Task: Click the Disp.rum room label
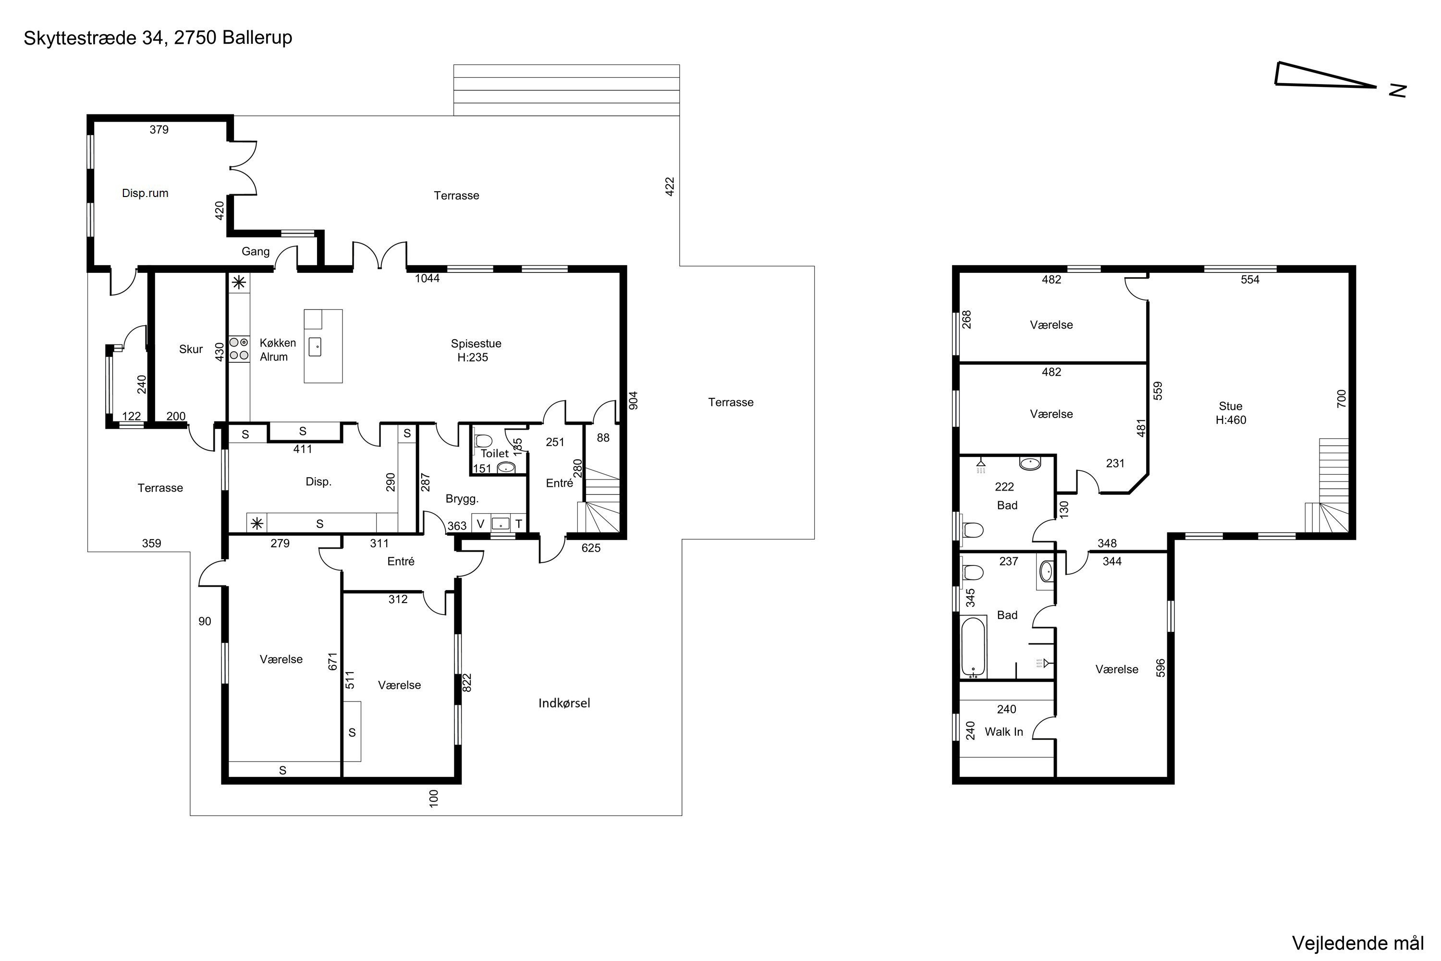[x=145, y=193]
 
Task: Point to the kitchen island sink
[x=315, y=347]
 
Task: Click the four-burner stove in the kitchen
[x=239, y=349]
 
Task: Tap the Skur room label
[x=191, y=349]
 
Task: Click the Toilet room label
[x=494, y=454]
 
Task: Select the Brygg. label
[x=462, y=499]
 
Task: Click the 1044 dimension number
[x=427, y=278]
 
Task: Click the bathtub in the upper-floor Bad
[x=973, y=647]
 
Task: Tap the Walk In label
[x=1003, y=732]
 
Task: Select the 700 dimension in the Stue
[x=1342, y=399]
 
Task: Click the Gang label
[x=256, y=251]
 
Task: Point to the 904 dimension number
[x=634, y=400]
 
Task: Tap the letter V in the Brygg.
[x=480, y=524]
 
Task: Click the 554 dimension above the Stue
[x=1250, y=280]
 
